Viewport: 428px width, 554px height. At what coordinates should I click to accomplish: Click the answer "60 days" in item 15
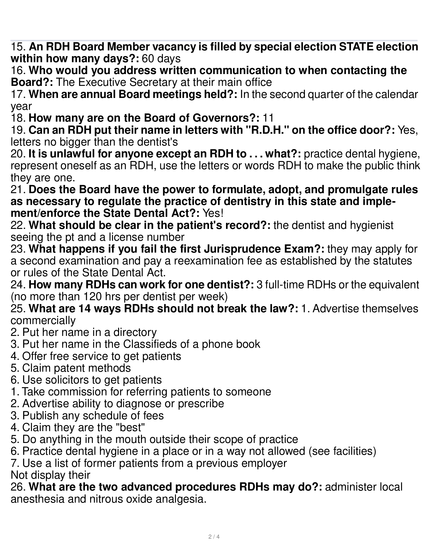(x=161, y=59)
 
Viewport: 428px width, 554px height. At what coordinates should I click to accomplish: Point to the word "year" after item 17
(x=21, y=107)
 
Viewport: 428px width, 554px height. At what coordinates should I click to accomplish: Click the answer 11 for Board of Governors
(x=268, y=118)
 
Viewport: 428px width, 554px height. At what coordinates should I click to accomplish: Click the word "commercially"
(x=43, y=320)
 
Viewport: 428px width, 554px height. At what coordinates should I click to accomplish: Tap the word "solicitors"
(x=62, y=380)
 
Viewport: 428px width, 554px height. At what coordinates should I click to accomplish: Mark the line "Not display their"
(x=50, y=475)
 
